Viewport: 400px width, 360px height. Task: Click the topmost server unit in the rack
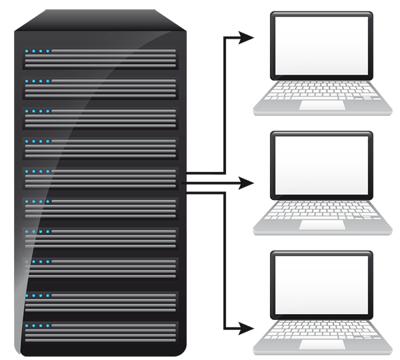pos(101,59)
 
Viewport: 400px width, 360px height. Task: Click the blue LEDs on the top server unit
pos(37,51)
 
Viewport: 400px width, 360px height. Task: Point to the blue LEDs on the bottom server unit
pos(37,326)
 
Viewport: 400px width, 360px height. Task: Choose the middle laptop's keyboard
pos(321,211)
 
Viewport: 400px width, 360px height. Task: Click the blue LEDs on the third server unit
pos(37,112)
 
